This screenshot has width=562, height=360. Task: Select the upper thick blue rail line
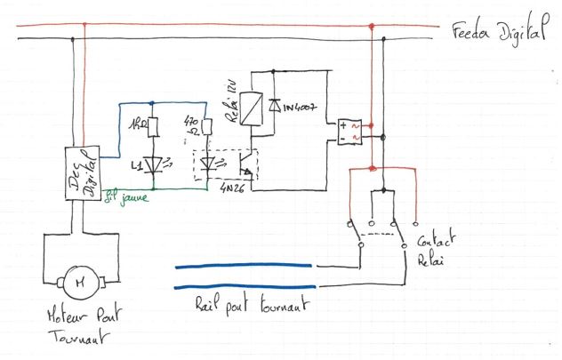(243, 266)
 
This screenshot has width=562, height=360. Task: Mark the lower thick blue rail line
(243, 288)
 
